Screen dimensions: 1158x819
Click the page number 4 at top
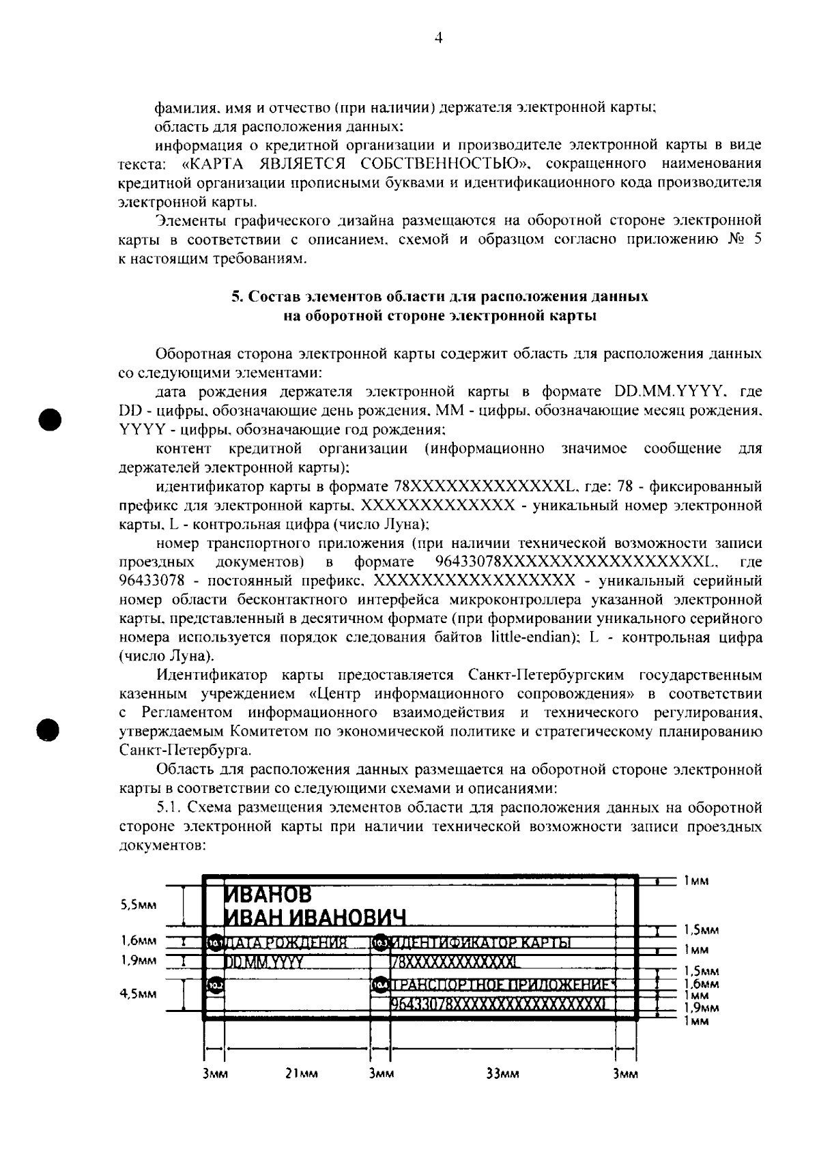click(x=439, y=40)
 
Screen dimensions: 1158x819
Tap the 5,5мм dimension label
click(x=138, y=905)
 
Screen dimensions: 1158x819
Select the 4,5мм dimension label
click(x=138, y=994)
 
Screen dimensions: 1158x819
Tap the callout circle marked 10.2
click(x=216, y=985)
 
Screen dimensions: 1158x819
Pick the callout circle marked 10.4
click(x=380, y=985)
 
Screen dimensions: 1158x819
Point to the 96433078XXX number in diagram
click(x=498, y=1004)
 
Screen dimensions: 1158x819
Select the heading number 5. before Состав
click(x=236, y=297)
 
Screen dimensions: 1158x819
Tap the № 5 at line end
click(x=744, y=240)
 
